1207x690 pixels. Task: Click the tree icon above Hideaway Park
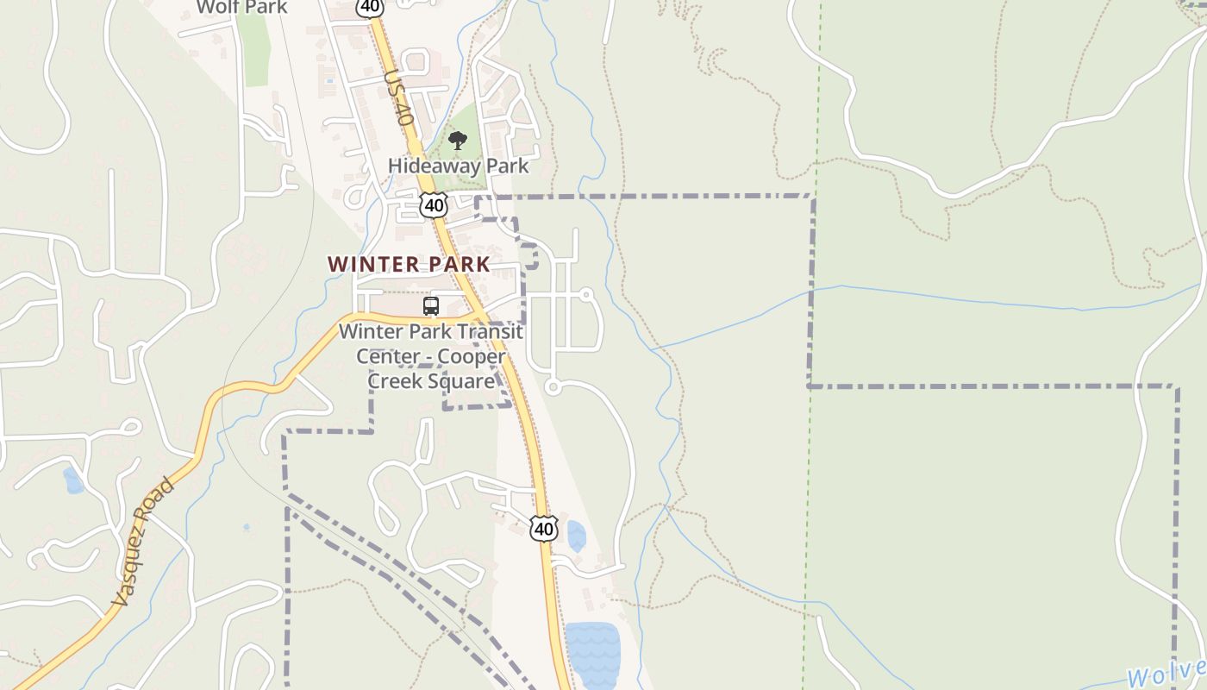point(458,141)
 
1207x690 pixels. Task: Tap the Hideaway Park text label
point(458,166)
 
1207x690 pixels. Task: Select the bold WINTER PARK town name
point(409,265)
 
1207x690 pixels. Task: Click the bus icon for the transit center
point(431,306)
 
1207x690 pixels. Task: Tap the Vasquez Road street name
point(144,542)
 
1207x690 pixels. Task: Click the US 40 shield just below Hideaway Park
point(434,205)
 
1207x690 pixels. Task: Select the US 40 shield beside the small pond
point(543,528)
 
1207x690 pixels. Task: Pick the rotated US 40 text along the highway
point(397,97)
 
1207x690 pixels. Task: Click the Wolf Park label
point(241,8)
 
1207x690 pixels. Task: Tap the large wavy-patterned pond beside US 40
point(592,654)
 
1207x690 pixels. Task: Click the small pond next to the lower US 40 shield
point(576,536)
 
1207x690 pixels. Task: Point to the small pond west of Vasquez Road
point(73,480)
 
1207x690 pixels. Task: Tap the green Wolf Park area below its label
point(254,52)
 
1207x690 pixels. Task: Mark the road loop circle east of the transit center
point(553,387)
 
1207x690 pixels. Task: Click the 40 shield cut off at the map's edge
point(369,7)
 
